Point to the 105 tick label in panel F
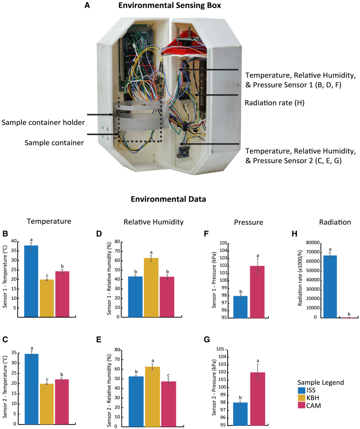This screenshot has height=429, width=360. [x=222, y=243]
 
